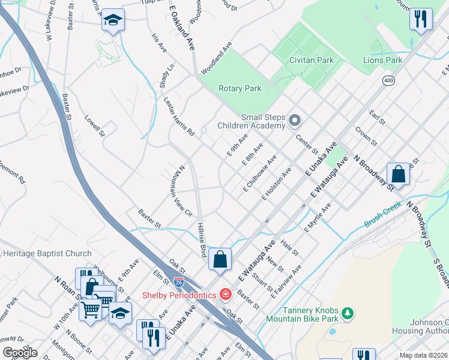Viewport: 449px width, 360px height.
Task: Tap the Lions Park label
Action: (x=382, y=60)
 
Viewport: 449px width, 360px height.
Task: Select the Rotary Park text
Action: (x=240, y=88)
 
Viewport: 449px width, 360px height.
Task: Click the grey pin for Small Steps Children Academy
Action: (x=294, y=121)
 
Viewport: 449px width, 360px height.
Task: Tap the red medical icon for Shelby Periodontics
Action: (x=225, y=294)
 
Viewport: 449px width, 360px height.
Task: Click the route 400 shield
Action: (x=388, y=80)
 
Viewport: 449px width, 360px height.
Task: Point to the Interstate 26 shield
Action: (x=179, y=281)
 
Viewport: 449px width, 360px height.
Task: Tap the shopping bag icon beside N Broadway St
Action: (x=399, y=174)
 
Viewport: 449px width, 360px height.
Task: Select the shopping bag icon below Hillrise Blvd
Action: (x=220, y=259)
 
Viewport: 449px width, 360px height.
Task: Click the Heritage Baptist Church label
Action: (x=47, y=254)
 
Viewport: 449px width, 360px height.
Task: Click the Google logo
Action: (x=20, y=353)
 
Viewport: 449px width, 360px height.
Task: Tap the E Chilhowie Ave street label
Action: (x=259, y=174)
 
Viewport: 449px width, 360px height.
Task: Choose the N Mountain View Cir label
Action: (x=184, y=190)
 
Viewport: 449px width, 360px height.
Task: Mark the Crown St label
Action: (x=366, y=136)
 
